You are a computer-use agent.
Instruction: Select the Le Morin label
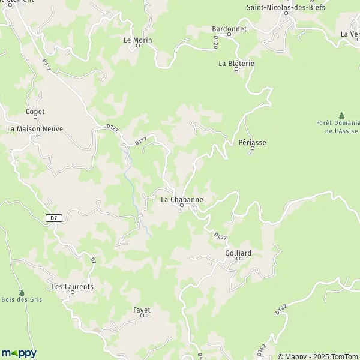137,40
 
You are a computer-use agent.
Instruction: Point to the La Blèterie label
236,63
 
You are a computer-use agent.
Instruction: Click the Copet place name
35,112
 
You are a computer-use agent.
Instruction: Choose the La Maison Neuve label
35,128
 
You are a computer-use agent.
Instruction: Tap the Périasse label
252,143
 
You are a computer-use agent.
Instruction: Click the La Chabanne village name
182,199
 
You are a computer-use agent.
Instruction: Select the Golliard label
238,253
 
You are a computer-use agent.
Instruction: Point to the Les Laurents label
73,287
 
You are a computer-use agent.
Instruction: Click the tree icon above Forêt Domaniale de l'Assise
342,115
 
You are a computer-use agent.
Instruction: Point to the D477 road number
220,238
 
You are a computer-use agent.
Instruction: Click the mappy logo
19,353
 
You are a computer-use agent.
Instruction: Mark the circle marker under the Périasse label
252,149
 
